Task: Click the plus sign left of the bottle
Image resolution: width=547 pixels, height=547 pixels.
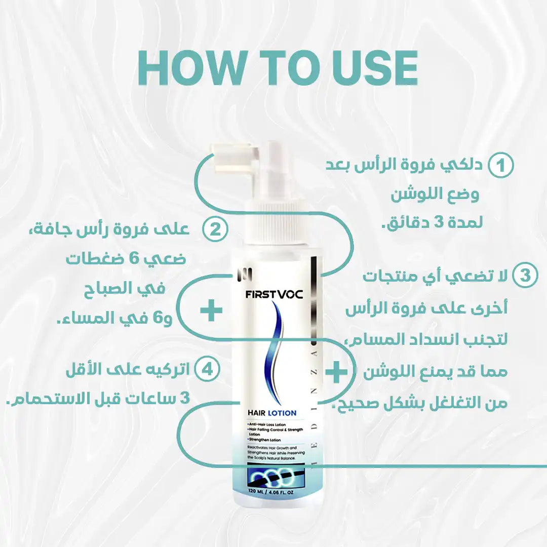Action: click(x=211, y=310)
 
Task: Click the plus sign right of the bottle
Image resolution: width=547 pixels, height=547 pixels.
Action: click(x=336, y=373)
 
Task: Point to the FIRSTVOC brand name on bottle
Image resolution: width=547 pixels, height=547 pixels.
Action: click(x=274, y=294)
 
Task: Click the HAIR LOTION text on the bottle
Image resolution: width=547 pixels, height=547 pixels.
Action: click(x=272, y=413)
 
